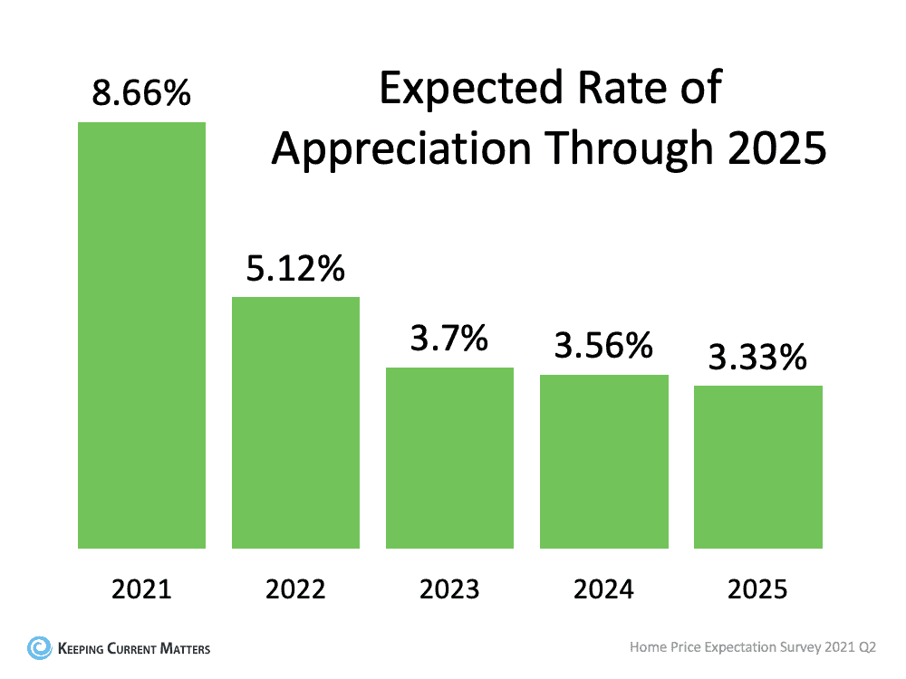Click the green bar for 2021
(x=141, y=335)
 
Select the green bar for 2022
(x=295, y=422)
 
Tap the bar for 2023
(x=449, y=457)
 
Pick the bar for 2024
(x=603, y=461)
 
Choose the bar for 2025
(x=757, y=466)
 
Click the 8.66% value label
(x=141, y=92)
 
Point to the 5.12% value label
(x=295, y=269)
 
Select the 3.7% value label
(x=449, y=339)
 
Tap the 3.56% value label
(x=603, y=346)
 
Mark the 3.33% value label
(x=757, y=358)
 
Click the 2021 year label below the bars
(x=141, y=590)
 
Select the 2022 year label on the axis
(x=295, y=590)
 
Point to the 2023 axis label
(x=449, y=590)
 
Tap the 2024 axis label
(x=603, y=590)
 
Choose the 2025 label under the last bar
(x=757, y=590)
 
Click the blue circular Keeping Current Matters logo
(x=39, y=647)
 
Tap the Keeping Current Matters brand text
(x=133, y=648)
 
